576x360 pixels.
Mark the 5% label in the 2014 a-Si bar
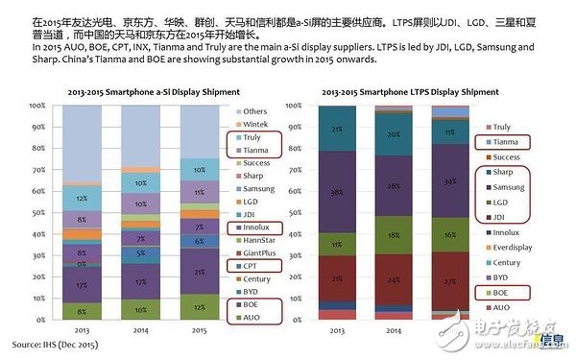140,253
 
